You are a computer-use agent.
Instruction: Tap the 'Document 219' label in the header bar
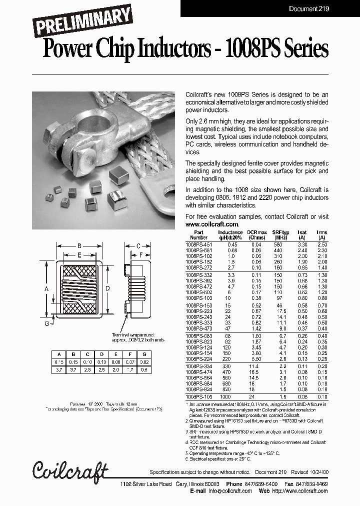pyautogui.click(x=309, y=8)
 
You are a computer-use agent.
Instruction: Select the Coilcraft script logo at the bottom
pyautogui.click(x=70, y=470)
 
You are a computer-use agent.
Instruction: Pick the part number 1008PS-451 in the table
pyautogui.click(x=198, y=244)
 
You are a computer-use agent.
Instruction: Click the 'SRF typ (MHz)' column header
pyautogui.click(x=281, y=235)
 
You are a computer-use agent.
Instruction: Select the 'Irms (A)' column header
pyautogui.click(x=321, y=235)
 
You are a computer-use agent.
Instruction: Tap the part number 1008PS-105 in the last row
pyautogui.click(x=198, y=396)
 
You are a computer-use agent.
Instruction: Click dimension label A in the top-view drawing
pyautogui.click(x=46, y=289)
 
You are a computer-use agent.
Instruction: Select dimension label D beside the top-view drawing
pyautogui.click(x=107, y=289)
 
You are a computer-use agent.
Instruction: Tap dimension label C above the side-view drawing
pyautogui.click(x=138, y=245)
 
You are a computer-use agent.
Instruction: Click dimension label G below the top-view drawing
pyautogui.click(x=46, y=324)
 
